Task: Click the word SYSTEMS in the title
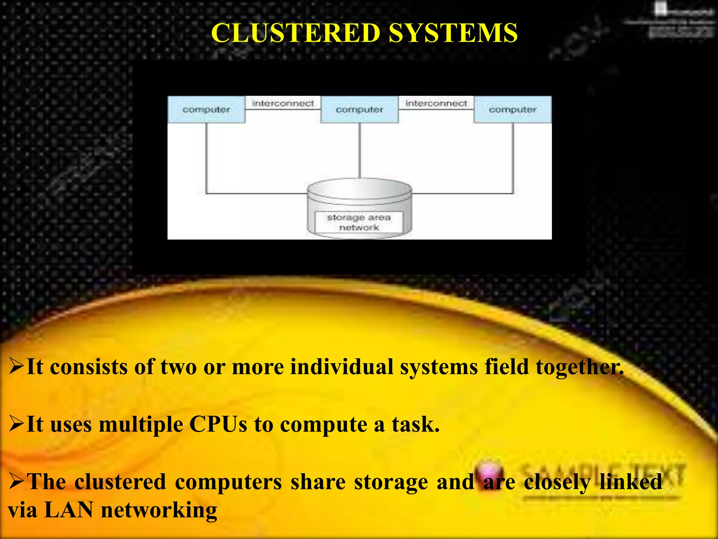click(453, 33)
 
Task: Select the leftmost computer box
click(206, 109)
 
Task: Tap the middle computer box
click(359, 109)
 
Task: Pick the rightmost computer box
click(513, 109)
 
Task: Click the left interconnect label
click(283, 103)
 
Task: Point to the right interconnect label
click(436, 103)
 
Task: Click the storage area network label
click(359, 222)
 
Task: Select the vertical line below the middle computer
click(359, 151)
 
